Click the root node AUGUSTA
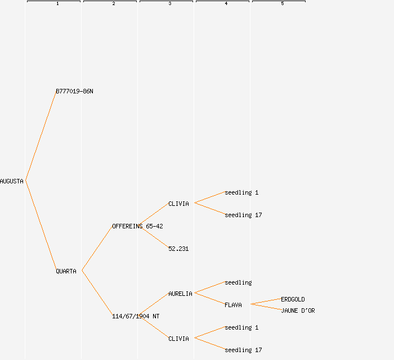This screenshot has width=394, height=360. (x=12, y=181)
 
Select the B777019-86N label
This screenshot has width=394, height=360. (x=74, y=91)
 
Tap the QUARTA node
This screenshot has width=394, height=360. (x=66, y=271)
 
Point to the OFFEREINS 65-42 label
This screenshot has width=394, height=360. (x=137, y=226)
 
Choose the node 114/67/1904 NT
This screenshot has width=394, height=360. (x=136, y=316)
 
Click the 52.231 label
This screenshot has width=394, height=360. (x=178, y=249)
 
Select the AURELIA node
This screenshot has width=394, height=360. (x=180, y=294)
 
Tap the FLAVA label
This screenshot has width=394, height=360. (x=233, y=305)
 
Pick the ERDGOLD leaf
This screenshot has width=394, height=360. (x=293, y=299)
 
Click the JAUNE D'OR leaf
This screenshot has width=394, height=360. (x=298, y=310)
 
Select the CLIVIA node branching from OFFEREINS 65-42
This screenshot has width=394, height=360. (x=178, y=204)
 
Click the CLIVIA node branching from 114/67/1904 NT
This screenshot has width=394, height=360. (x=178, y=339)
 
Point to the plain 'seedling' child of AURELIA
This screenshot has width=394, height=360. (x=238, y=282)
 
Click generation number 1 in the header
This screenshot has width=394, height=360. (x=57, y=4)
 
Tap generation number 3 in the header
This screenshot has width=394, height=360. (x=170, y=4)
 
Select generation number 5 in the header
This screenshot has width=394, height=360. (x=283, y=4)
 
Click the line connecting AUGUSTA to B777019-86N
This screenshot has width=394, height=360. (x=41, y=136)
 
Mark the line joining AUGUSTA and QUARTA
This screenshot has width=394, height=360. (x=41, y=226)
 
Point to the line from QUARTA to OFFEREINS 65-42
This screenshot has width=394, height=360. (x=97, y=249)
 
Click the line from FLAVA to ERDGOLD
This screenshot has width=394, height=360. (x=266, y=301)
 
